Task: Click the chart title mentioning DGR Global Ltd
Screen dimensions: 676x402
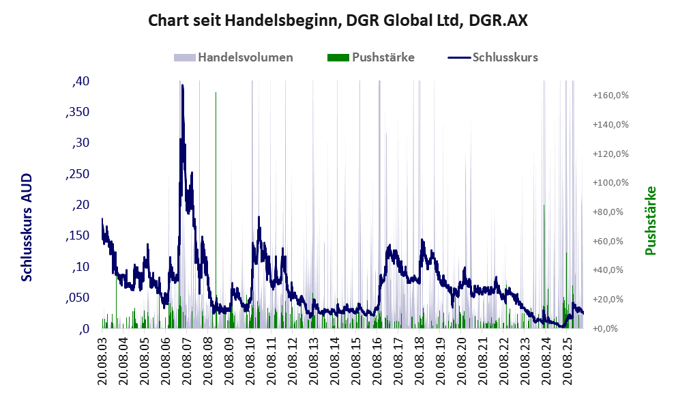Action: pos(338,20)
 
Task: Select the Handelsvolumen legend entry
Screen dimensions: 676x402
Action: pos(233,57)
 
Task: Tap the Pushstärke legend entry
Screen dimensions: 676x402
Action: pos(371,57)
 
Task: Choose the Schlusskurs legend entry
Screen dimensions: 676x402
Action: pos(493,57)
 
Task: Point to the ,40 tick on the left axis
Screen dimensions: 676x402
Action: pos(80,81)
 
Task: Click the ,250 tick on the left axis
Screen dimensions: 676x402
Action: pos(78,174)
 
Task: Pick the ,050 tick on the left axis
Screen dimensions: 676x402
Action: pos(78,298)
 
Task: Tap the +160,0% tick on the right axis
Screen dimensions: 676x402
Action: pos(611,96)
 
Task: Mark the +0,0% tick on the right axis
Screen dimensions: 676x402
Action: pos(611,328)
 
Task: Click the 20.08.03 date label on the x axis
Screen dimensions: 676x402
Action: pos(102,359)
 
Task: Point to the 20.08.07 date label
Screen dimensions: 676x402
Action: pos(187,359)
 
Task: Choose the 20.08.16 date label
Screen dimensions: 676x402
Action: pos(377,359)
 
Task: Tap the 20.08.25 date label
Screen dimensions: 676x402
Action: pos(567,359)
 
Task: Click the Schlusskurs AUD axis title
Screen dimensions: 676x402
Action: pos(27,227)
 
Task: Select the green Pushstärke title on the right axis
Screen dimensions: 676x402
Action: pos(650,220)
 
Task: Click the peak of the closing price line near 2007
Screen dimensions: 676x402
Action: pos(182,85)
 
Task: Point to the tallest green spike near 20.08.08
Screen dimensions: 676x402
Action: pos(216,210)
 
